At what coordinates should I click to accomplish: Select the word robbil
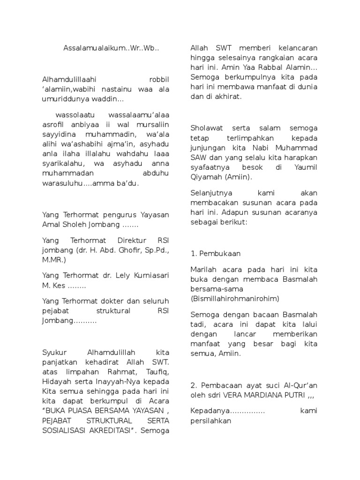click(159, 80)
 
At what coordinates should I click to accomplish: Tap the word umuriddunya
click(63, 99)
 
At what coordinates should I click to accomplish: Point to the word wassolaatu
click(73, 115)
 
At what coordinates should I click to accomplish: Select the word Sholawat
click(207, 128)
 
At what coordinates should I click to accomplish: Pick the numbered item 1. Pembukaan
click(216, 254)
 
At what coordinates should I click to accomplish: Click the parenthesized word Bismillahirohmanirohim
click(235, 298)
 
